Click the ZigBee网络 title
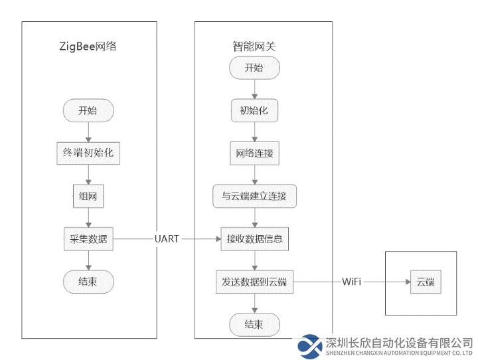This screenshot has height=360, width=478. click(88, 46)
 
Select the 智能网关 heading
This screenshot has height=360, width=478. click(254, 46)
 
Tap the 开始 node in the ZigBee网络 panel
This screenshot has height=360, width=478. click(88, 110)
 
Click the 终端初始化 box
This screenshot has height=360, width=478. click(88, 153)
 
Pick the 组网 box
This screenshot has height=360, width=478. click(88, 196)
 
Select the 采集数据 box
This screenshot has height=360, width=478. click(88, 239)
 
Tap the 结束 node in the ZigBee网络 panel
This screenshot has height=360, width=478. click(88, 282)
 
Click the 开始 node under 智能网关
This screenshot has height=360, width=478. click(254, 68)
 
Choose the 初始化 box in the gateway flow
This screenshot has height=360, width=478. click(254, 110)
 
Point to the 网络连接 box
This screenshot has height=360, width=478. click(254, 153)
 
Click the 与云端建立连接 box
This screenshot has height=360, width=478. click(254, 196)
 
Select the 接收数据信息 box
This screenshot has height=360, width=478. click(254, 239)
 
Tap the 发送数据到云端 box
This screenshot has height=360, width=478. click(254, 282)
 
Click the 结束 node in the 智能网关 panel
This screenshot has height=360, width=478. click(254, 325)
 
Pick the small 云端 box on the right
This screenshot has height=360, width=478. click(426, 282)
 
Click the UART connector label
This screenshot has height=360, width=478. click(167, 239)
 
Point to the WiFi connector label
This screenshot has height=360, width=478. click(351, 282)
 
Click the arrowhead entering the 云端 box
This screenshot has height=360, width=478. click(408, 282)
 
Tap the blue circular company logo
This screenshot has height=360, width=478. click(310, 347)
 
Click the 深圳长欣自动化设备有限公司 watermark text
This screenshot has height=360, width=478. click(399, 343)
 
